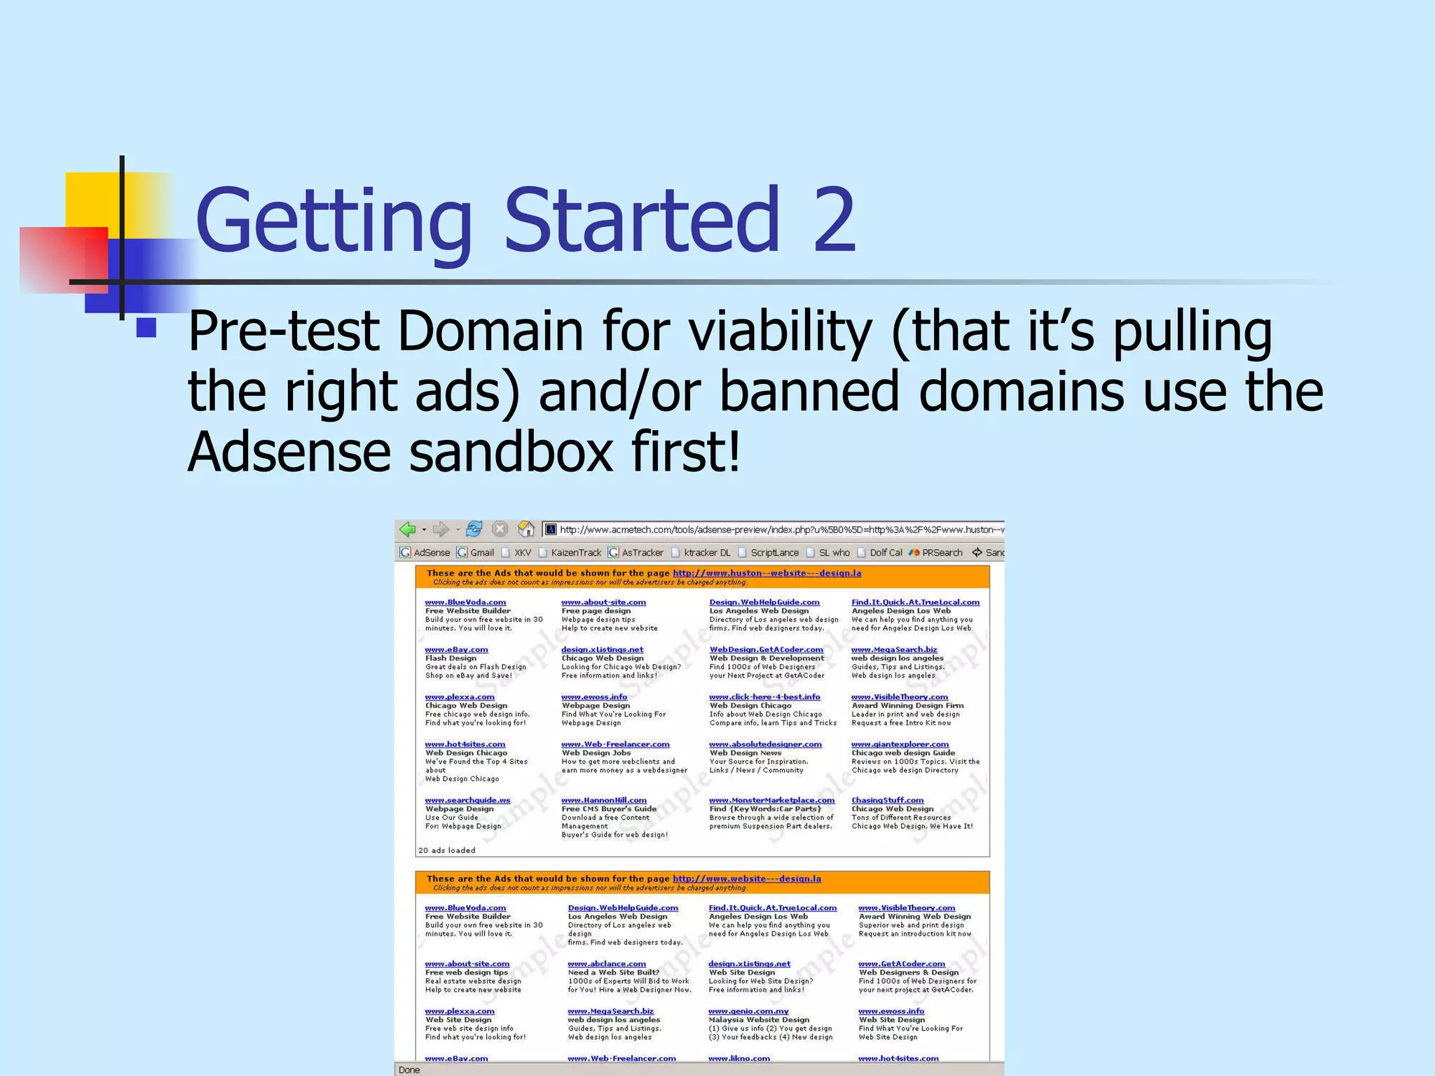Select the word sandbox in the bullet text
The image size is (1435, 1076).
click(x=511, y=452)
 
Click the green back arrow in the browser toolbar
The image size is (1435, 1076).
click(x=408, y=530)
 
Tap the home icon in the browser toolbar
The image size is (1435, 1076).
click(x=526, y=530)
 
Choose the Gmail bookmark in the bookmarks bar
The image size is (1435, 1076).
click(x=481, y=553)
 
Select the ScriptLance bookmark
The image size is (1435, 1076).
click(x=774, y=553)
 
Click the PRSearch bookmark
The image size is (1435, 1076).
click(x=942, y=553)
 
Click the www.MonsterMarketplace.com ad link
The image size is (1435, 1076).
click(x=771, y=800)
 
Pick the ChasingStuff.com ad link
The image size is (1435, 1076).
click(x=887, y=800)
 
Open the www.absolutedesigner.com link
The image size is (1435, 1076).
click(x=765, y=744)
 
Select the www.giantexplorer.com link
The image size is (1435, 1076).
click(x=900, y=744)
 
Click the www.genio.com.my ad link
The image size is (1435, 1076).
click(x=748, y=1011)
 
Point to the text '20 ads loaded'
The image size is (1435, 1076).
click(x=446, y=850)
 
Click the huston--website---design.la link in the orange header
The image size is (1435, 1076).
click(x=767, y=573)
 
